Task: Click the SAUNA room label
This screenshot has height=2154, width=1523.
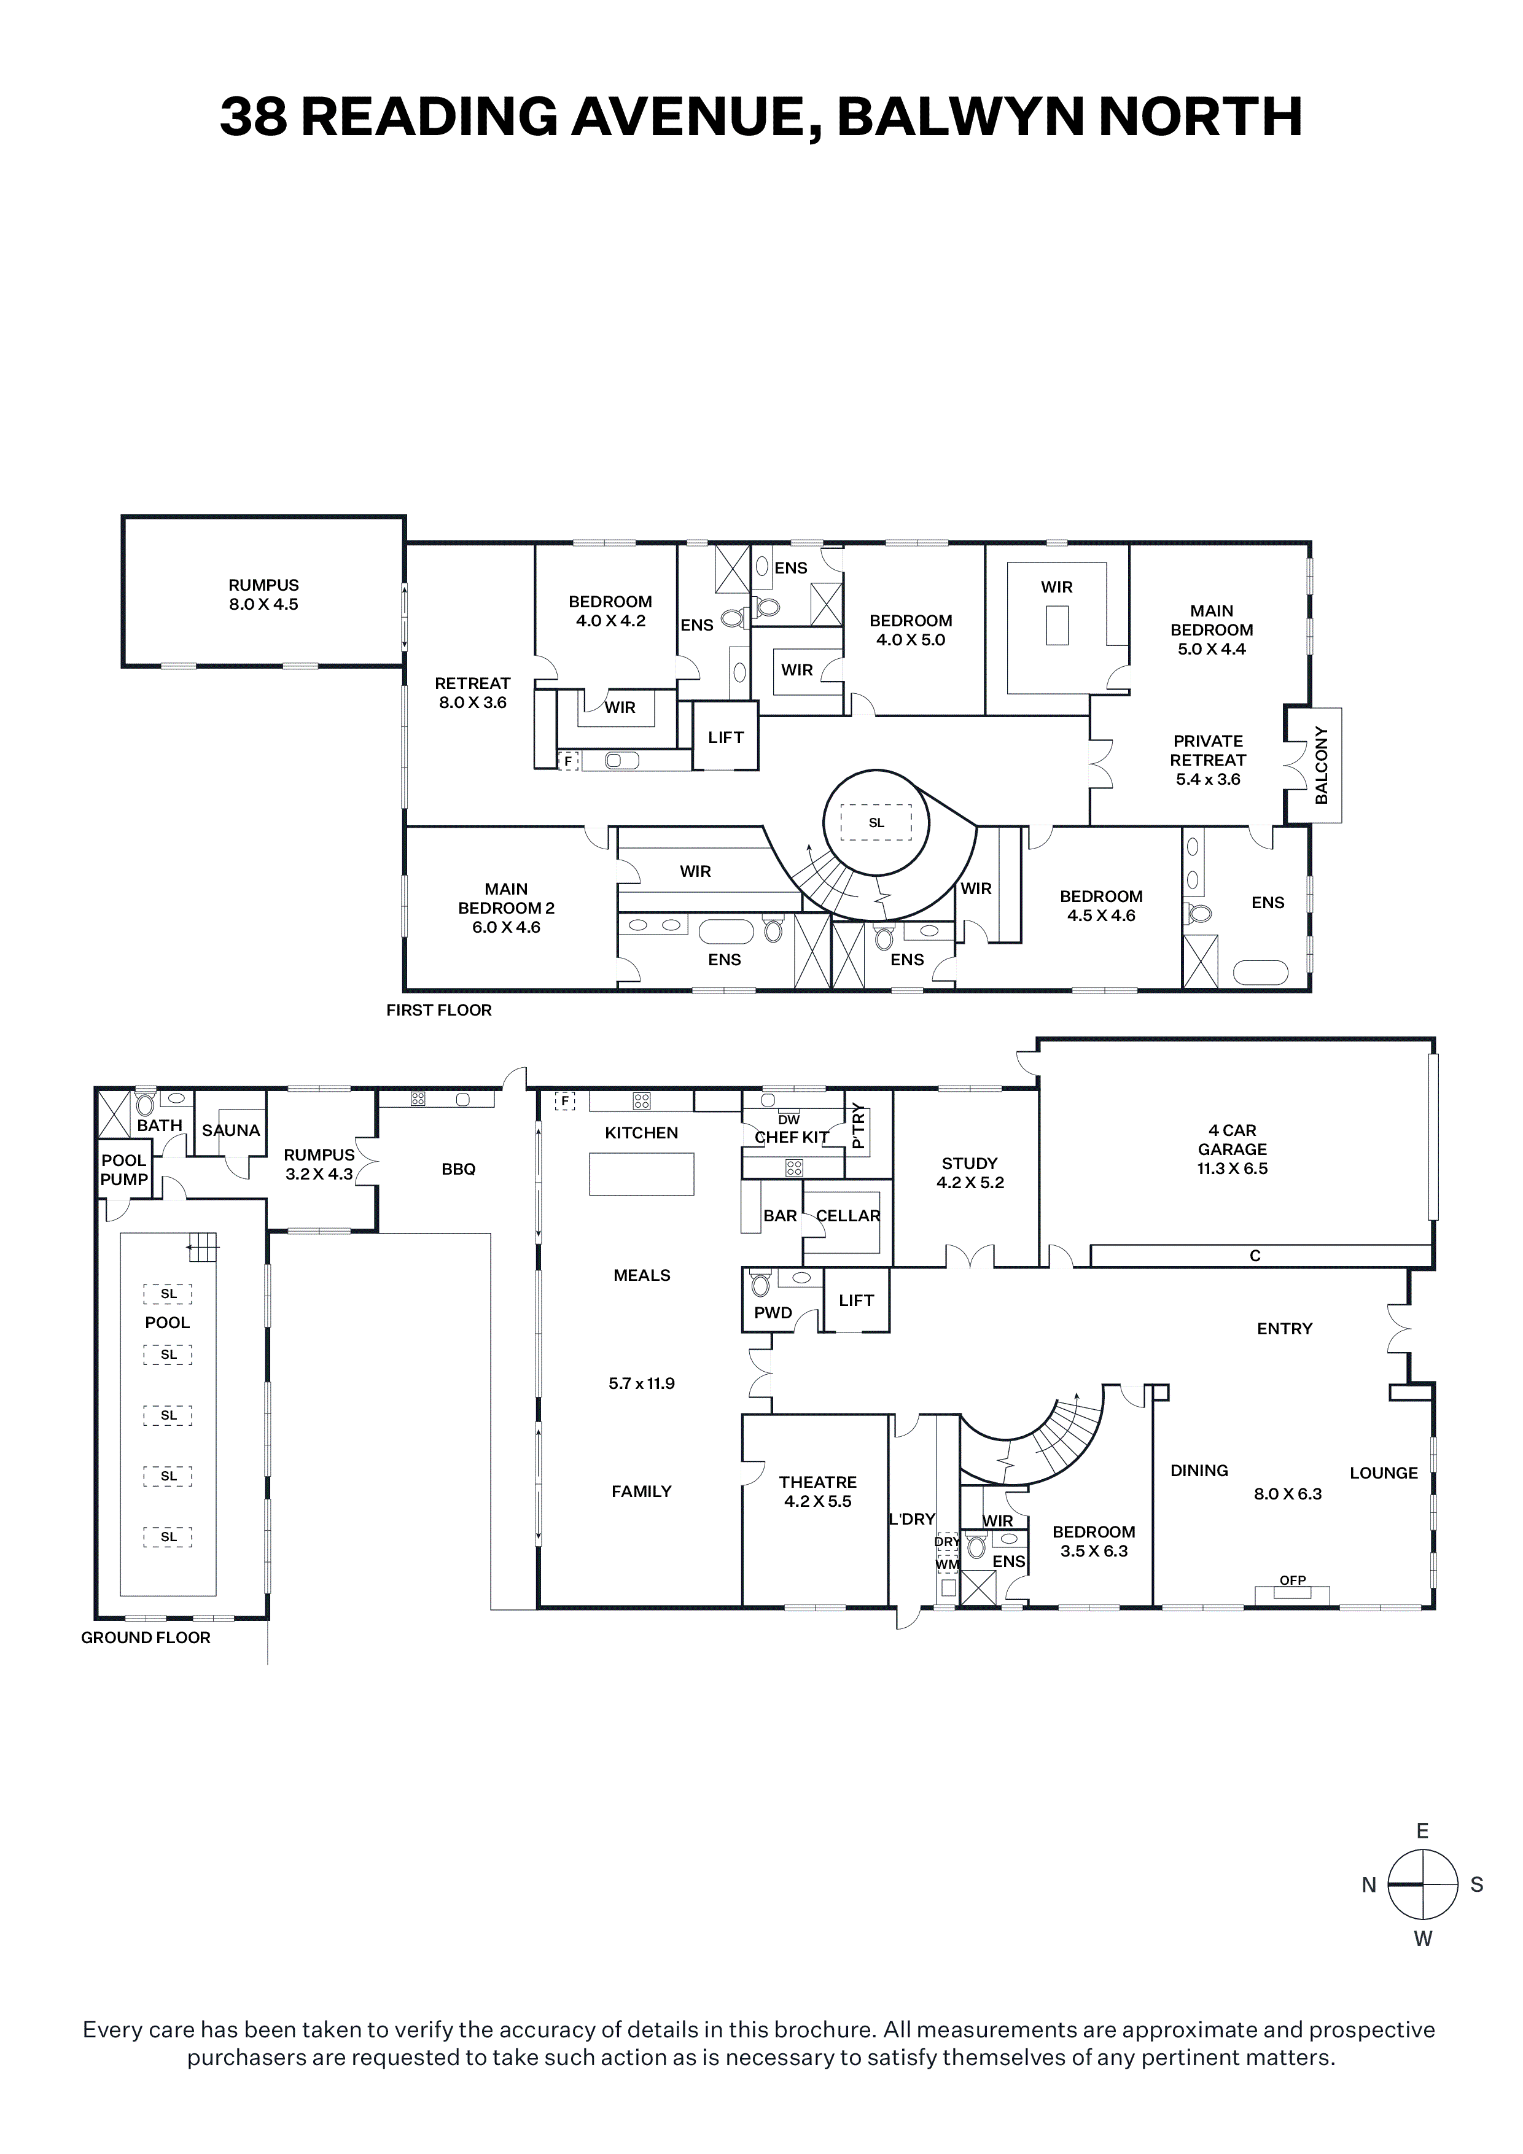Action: [231, 1130]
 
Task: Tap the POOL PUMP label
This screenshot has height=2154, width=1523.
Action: [124, 1170]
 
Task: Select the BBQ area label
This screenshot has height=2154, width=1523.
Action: [459, 1169]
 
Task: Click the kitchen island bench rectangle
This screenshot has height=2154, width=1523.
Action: [642, 1173]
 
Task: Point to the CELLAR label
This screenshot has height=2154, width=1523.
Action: [848, 1216]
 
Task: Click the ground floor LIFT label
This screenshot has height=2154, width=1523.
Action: [857, 1301]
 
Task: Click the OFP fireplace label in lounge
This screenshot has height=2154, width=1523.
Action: [1293, 1580]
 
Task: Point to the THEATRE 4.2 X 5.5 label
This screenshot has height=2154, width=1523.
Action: [818, 1491]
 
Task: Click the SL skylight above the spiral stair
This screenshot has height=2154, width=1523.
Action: [876, 823]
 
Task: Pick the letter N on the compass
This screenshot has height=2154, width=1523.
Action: [1369, 1885]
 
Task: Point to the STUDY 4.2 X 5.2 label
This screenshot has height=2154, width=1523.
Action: [970, 1173]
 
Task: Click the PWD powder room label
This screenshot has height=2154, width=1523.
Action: [773, 1312]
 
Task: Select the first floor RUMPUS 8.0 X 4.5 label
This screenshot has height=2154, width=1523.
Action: [263, 595]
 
